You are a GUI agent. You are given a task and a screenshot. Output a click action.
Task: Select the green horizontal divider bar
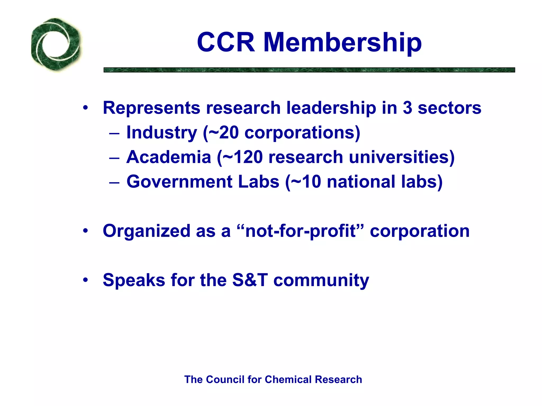(x=309, y=70)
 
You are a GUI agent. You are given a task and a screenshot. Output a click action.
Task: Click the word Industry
(x=162, y=132)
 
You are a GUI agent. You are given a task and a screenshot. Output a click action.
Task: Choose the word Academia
(x=169, y=157)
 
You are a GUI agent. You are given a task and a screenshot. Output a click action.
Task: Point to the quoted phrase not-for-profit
(x=300, y=231)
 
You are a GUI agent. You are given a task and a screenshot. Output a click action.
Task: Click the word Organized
(x=146, y=231)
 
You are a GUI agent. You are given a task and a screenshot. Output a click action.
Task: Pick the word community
(x=321, y=280)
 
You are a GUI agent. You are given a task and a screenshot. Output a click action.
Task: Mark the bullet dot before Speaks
(x=85, y=280)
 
